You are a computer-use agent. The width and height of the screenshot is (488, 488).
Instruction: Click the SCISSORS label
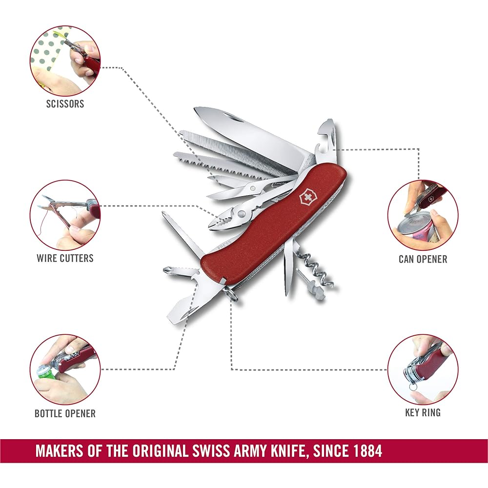(65, 103)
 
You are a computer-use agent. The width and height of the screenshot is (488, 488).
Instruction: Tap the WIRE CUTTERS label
(65, 258)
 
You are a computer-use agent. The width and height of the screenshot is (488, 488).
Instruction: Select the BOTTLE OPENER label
(65, 414)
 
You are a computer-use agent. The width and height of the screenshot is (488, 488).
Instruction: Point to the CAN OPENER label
(423, 259)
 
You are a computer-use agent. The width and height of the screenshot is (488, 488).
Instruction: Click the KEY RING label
(423, 413)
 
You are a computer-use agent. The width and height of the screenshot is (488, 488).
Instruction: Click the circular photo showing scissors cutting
(65, 61)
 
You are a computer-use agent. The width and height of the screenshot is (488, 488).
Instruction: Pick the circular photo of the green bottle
(65, 369)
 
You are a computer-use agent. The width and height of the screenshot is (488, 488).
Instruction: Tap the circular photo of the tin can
(423, 215)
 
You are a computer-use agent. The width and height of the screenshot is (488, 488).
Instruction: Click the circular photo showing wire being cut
(65, 215)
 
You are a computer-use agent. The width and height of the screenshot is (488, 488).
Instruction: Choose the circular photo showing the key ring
(423, 369)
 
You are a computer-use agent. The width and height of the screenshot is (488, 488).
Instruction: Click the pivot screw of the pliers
(241, 214)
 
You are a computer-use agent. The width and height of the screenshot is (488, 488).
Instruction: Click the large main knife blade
(249, 134)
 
